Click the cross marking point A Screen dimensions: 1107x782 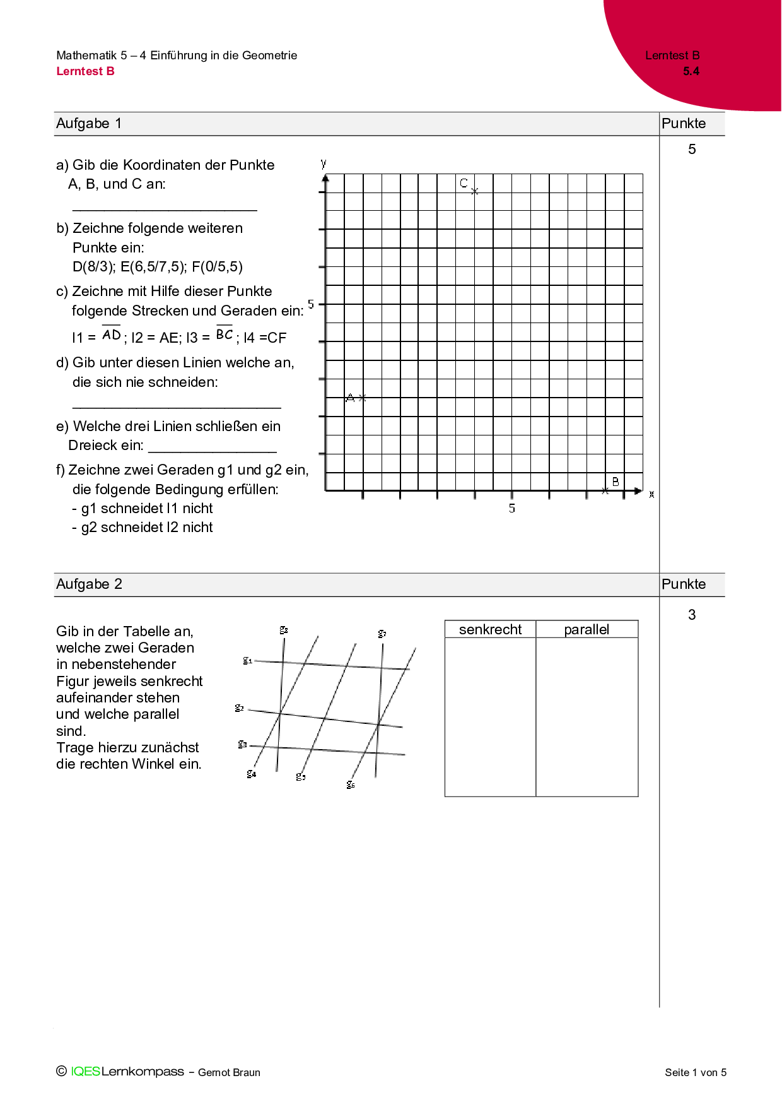pyautogui.click(x=362, y=398)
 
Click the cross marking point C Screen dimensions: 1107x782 pyautogui.click(x=475, y=191)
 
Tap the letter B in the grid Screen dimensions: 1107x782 pyautogui.click(x=616, y=482)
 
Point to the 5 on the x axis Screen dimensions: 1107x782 pyautogui.click(x=512, y=508)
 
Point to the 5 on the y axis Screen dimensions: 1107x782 pyautogui.click(x=311, y=304)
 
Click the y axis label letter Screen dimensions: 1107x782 pyautogui.click(x=324, y=163)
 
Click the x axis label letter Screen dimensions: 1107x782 pyautogui.click(x=651, y=494)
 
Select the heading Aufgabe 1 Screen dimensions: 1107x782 pyautogui.click(x=89, y=124)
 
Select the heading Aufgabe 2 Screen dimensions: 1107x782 pyautogui.click(x=89, y=584)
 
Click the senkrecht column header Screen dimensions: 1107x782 pyautogui.click(x=490, y=629)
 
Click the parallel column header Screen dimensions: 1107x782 pyautogui.click(x=586, y=629)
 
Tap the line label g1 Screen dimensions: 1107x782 pyautogui.click(x=248, y=660)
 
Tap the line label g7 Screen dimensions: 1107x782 pyautogui.click(x=382, y=633)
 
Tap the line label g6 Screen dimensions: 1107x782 pyautogui.click(x=351, y=784)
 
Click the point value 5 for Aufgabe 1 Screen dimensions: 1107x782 pyautogui.click(x=692, y=150)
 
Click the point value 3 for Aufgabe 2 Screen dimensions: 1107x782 pyautogui.click(x=692, y=615)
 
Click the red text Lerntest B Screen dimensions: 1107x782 pyautogui.click(x=85, y=71)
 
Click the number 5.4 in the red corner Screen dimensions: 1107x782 pyautogui.click(x=691, y=71)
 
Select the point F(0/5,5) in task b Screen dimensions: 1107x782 pyautogui.click(x=217, y=267)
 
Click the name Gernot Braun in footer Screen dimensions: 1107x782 pyautogui.click(x=229, y=1072)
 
